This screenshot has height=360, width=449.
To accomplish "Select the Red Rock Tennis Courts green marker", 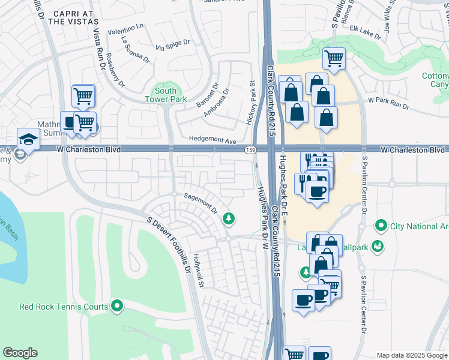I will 118,307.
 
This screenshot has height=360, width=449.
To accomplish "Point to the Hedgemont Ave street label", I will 213,140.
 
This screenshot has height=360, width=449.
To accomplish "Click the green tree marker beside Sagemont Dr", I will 228,218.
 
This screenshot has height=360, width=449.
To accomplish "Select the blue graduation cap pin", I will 28,139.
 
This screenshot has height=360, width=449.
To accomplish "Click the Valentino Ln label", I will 126,29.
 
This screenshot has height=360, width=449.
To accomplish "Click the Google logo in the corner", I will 20,353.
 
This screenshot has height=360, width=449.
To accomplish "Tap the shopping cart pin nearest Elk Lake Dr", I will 334,58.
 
